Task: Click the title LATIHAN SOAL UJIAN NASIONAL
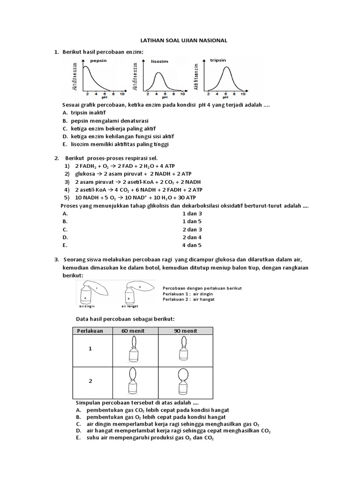(180, 41)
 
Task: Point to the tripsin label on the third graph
(218, 60)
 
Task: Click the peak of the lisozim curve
(159, 73)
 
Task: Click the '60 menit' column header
(133, 330)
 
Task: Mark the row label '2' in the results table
(91, 381)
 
